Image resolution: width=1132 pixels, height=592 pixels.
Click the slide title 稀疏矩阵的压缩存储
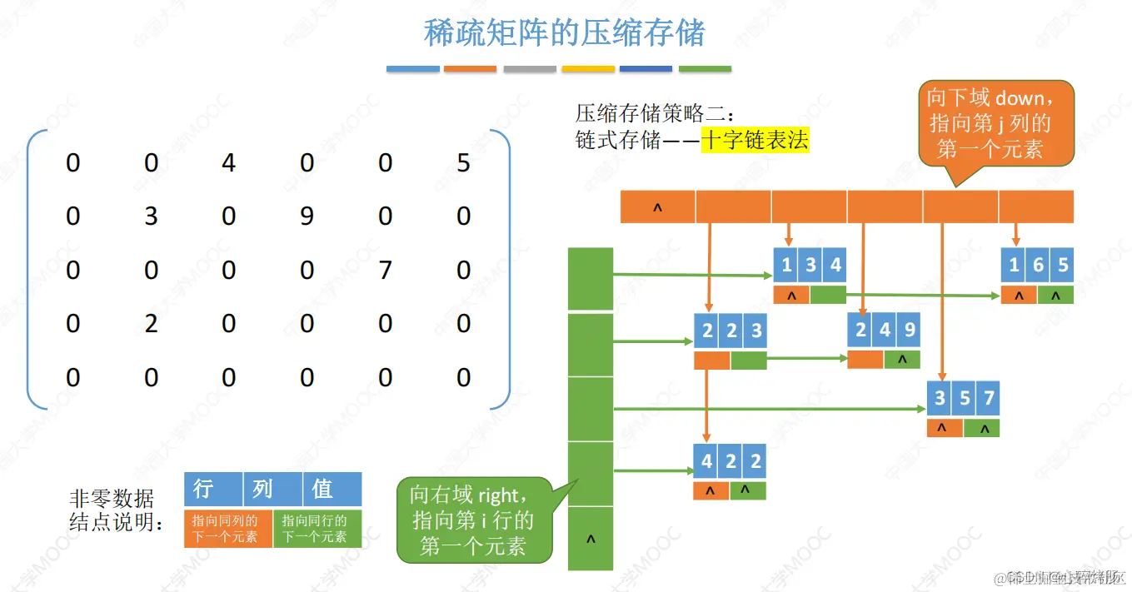click(x=565, y=33)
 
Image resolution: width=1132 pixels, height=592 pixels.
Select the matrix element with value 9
click(x=307, y=216)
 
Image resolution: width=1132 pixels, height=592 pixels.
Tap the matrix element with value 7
click(x=385, y=270)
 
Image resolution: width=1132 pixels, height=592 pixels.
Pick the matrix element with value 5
click(x=463, y=162)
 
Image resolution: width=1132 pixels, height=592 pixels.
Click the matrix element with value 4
click(x=229, y=162)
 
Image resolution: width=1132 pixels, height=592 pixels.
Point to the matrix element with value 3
click(x=151, y=216)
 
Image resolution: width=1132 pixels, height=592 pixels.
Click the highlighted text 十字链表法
click(x=755, y=140)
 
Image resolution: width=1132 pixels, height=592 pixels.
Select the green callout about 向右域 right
click(x=474, y=520)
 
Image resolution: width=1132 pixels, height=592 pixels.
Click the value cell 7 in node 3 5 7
click(x=988, y=398)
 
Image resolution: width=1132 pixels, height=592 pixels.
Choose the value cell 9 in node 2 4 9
click(x=909, y=331)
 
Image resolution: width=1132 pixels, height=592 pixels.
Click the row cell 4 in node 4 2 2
click(x=706, y=461)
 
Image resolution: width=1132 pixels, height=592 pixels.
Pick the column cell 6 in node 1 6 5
click(x=1038, y=266)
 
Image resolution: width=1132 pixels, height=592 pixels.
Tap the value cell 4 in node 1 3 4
click(x=835, y=266)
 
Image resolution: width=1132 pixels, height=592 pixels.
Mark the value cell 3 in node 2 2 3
click(x=755, y=331)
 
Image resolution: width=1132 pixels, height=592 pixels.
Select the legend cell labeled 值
click(x=332, y=489)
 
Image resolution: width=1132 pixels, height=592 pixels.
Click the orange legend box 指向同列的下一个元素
click(x=228, y=528)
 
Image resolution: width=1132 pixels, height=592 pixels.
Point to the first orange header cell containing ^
click(x=657, y=207)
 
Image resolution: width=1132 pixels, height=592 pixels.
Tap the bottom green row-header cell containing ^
click(x=591, y=539)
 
